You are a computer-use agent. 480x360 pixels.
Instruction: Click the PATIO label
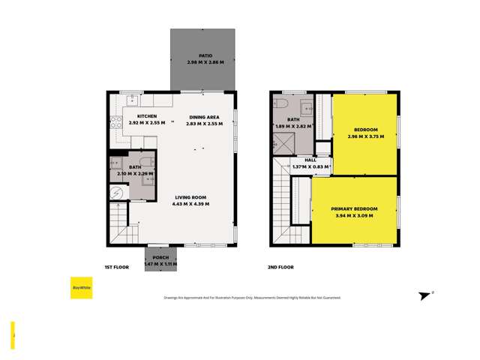(205, 55)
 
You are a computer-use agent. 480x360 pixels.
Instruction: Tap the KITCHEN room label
(146, 117)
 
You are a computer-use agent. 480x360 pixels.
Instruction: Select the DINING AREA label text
(204, 117)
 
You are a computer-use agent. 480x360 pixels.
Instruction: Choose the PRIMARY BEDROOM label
(355, 208)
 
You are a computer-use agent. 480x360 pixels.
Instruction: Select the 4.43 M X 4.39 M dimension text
(190, 204)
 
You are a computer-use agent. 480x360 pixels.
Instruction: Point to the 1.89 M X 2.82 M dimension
(293, 126)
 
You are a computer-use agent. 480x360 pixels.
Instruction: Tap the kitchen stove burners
(115, 121)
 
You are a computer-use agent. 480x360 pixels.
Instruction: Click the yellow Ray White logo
(82, 288)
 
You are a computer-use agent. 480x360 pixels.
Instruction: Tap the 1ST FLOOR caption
(117, 267)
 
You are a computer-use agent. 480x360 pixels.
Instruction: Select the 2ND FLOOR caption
(280, 267)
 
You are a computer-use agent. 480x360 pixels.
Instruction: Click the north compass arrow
(426, 295)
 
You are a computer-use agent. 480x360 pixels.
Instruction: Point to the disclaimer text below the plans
(252, 298)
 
